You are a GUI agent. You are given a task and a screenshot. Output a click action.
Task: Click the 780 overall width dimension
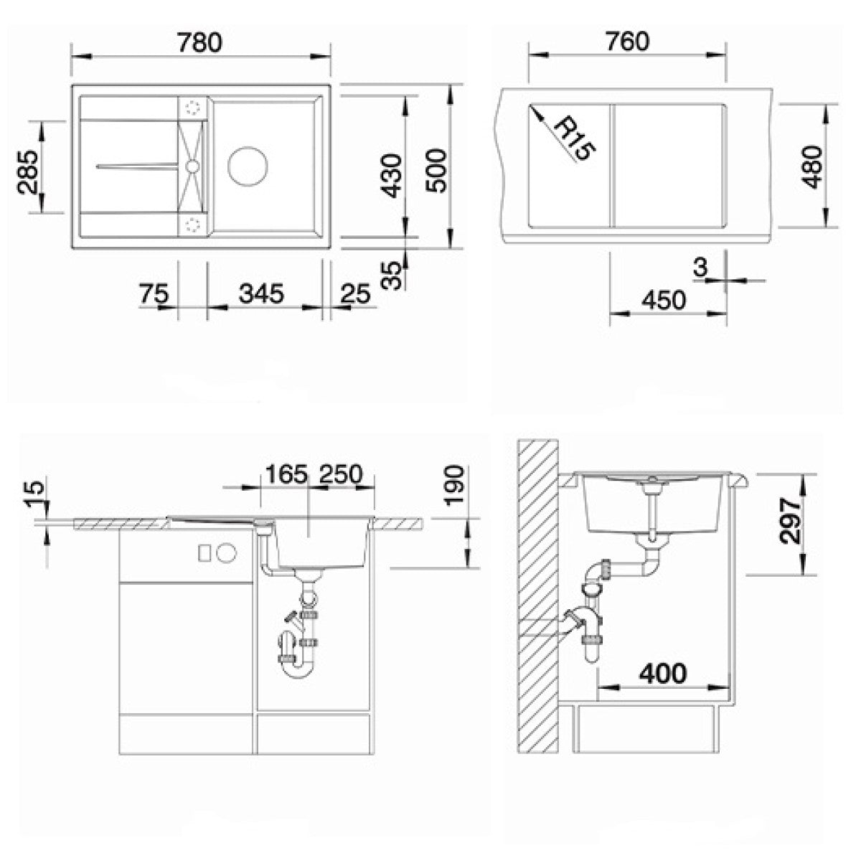click(199, 43)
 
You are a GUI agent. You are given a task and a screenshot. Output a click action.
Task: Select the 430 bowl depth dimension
click(392, 175)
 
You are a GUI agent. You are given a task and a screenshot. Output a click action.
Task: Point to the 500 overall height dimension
click(436, 171)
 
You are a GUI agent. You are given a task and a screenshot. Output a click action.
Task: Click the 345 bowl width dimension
click(261, 293)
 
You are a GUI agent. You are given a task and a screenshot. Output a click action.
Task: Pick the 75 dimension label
click(154, 293)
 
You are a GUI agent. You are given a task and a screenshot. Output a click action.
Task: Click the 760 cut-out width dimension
click(628, 42)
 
